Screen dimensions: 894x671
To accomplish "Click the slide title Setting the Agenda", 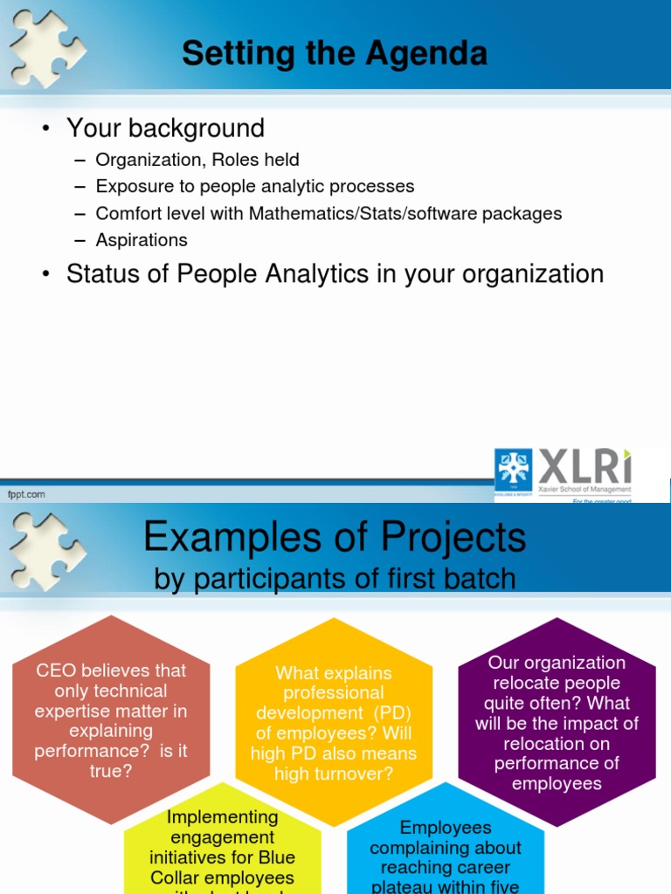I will point(335,54).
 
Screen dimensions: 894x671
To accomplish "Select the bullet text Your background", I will point(165,128).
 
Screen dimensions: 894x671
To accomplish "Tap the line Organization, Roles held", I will point(197,160).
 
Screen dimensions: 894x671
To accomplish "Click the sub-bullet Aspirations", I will point(142,239).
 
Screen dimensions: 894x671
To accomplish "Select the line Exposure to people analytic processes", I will point(255,186).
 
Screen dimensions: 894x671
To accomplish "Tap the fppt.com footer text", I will point(26,494).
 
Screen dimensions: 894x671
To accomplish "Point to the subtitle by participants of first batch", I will point(335,578).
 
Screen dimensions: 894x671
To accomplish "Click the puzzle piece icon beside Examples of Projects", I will point(45,547).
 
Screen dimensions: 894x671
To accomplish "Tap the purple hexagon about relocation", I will point(557,721).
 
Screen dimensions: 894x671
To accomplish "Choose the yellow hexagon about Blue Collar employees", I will point(222,847).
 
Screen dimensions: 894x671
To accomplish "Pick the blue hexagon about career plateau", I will point(446,851).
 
